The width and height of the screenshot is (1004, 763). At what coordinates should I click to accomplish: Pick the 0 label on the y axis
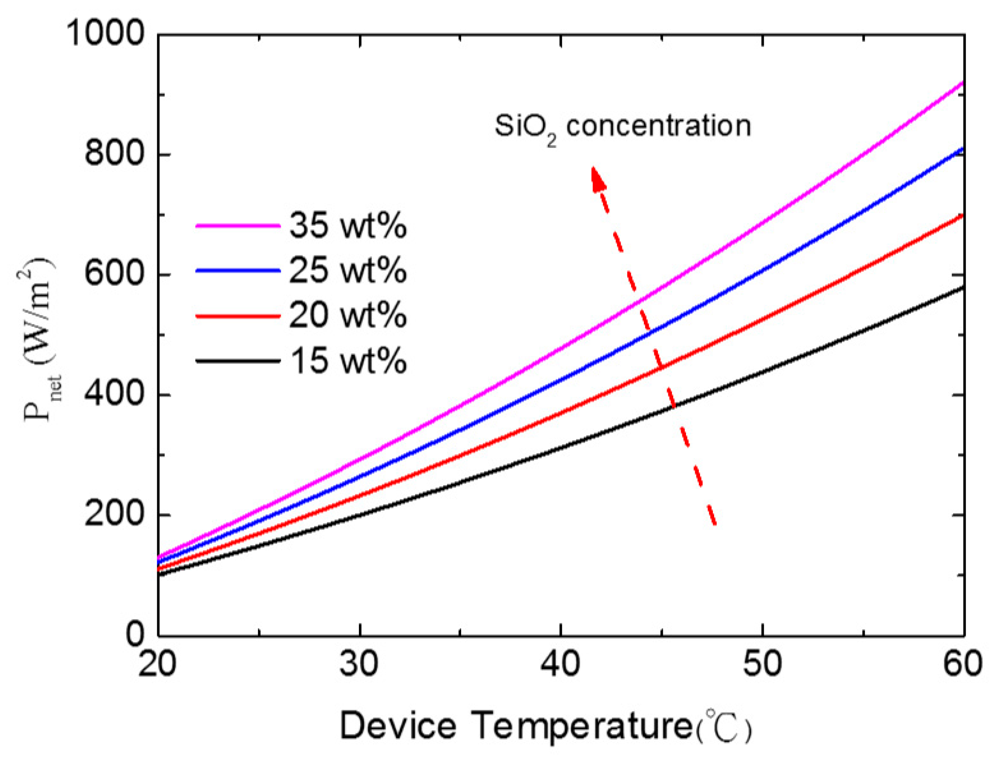(135, 635)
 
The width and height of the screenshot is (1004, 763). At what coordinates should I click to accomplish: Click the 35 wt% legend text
(348, 225)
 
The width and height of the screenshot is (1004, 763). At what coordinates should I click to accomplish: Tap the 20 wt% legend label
(348, 315)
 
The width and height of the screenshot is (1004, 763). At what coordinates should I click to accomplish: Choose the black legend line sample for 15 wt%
(237, 361)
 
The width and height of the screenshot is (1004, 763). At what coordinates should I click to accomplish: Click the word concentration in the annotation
(658, 126)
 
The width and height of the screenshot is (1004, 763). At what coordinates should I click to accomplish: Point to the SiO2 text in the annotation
(525, 128)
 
